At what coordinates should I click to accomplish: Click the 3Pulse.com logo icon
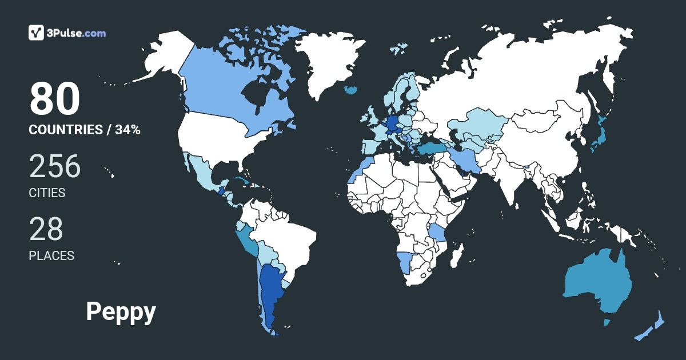click(37, 33)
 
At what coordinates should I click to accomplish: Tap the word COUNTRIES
click(65, 130)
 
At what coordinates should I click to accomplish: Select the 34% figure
click(127, 130)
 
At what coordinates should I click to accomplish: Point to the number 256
click(55, 166)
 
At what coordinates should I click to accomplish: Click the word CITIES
click(47, 193)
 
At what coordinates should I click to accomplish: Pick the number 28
click(46, 229)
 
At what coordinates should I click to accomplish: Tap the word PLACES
click(51, 255)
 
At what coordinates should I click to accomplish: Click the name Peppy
click(121, 312)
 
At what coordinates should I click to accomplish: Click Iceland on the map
click(352, 90)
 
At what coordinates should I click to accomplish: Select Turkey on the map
click(429, 149)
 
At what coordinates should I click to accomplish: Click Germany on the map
click(393, 123)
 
